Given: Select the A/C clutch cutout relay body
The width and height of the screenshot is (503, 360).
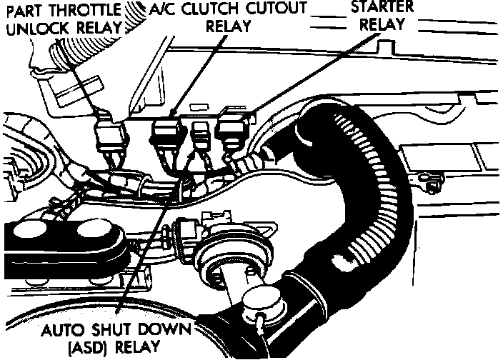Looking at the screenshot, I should click(169, 134).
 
